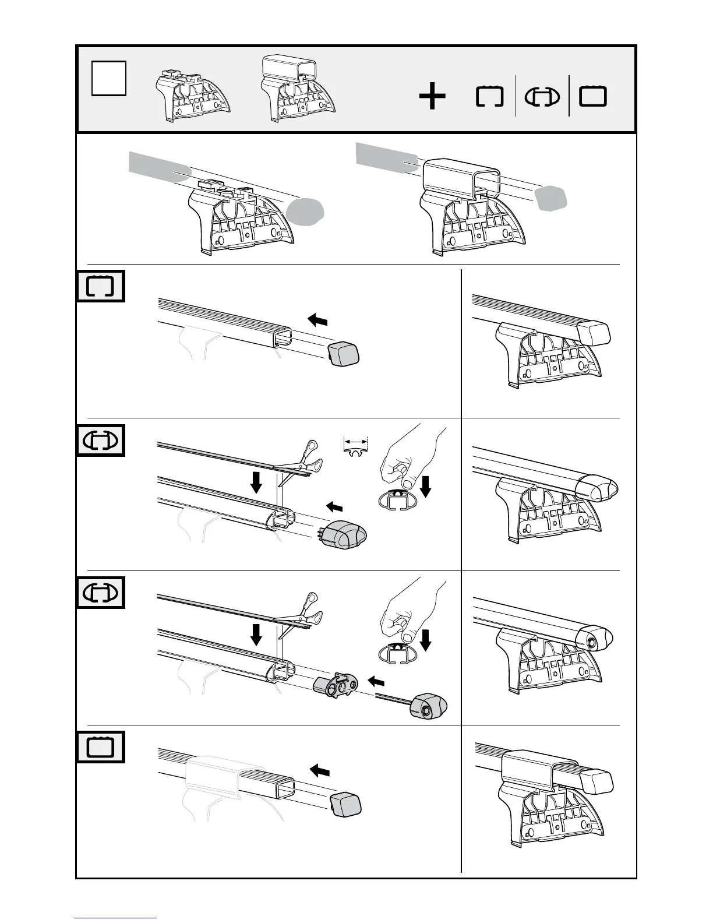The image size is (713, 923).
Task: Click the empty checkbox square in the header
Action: [109, 79]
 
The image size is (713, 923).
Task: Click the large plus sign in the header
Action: [432, 97]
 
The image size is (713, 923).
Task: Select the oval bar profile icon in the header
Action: [542, 97]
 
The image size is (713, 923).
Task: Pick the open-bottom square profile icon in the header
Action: [489, 97]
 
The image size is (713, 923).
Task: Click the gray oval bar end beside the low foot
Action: [305, 212]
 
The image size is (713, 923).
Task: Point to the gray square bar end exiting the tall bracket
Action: [551, 199]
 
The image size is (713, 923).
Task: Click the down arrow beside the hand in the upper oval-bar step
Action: [426, 485]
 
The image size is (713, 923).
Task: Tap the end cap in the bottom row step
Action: [345, 805]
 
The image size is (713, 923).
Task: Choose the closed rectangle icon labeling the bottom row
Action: [101, 746]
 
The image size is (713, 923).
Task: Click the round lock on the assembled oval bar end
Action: [592, 642]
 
